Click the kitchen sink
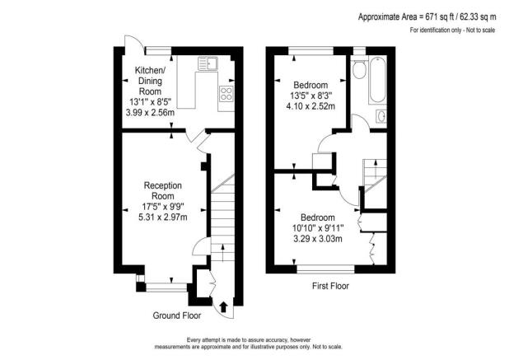click(x=208, y=63)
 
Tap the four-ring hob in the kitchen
click(x=224, y=93)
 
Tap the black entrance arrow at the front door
click(x=224, y=308)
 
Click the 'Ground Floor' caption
click(x=177, y=316)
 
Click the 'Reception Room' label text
click(x=162, y=191)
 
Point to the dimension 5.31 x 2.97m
click(x=162, y=217)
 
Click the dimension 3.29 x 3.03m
click(x=315, y=239)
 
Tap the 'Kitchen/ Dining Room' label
click(x=151, y=82)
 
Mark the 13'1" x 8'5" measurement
click(x=151, y=102)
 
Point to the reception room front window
click(x=162, y=287)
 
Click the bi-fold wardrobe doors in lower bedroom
click(x=371, y=248)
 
